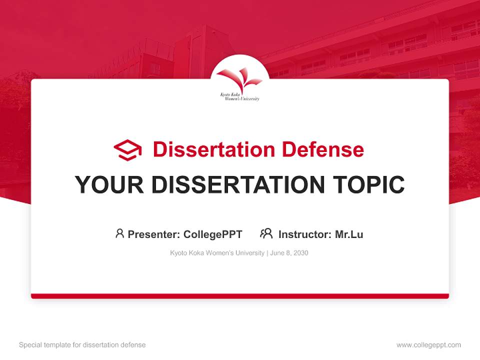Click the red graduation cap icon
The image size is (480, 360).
point(127,149)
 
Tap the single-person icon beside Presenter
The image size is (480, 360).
point(119,233)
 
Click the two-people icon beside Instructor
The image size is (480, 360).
point(266,233)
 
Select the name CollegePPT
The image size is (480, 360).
point(212,234)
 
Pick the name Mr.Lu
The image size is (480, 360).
point(349,234)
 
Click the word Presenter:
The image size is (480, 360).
point(153,234)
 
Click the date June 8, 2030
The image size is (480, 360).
point(289,253)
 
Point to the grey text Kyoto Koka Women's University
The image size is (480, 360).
point(217,253)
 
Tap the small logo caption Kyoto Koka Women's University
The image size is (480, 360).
point(240,96)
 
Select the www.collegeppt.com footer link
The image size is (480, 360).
point(428,345)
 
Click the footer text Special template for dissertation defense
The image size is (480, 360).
point(82,345)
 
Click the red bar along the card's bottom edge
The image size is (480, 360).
point(240,296)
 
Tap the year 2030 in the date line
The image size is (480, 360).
point(301,253)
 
